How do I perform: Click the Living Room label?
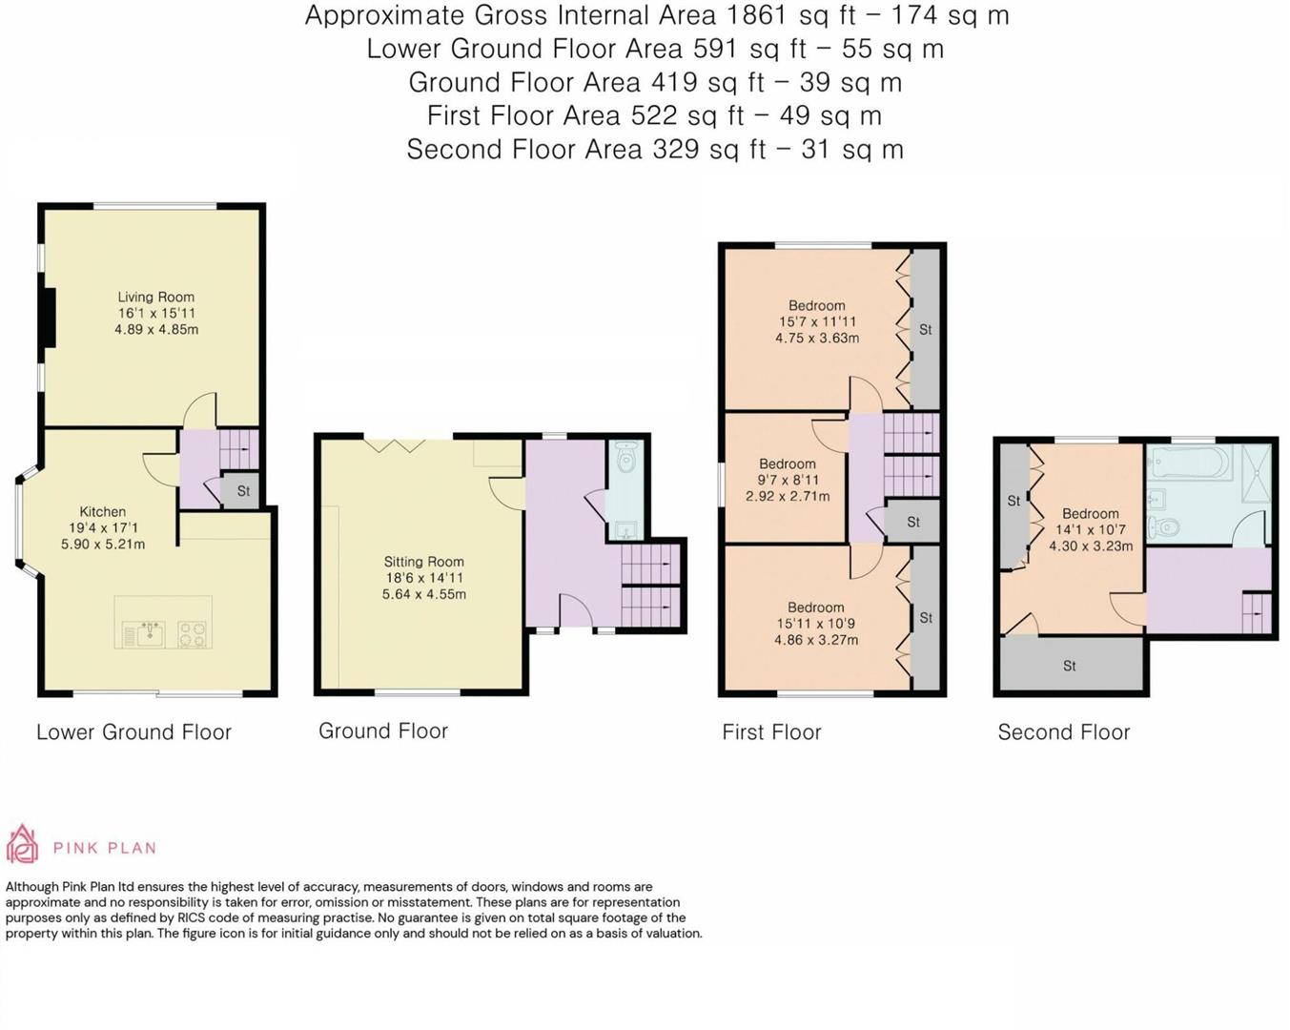pos(155,297)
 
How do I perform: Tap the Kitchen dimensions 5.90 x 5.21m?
pos(103,545)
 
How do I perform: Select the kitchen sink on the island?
pos(150,633)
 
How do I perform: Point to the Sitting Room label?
pos(423,562)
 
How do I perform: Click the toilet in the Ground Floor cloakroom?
pos(625,461)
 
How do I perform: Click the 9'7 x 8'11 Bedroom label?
pos(788,463)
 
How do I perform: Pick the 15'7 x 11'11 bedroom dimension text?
pos(816,322)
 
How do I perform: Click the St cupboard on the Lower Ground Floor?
pos(243,491)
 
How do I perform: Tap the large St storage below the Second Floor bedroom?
pos(1070,665)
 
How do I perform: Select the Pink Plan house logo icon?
pos(22,845)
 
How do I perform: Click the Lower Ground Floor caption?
pos(133,732)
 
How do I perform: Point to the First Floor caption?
pos(771,732)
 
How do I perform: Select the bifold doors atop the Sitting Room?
pos(395,443)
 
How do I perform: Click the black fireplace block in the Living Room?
pos(49,318)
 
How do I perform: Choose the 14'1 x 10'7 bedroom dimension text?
pos(1090,530)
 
